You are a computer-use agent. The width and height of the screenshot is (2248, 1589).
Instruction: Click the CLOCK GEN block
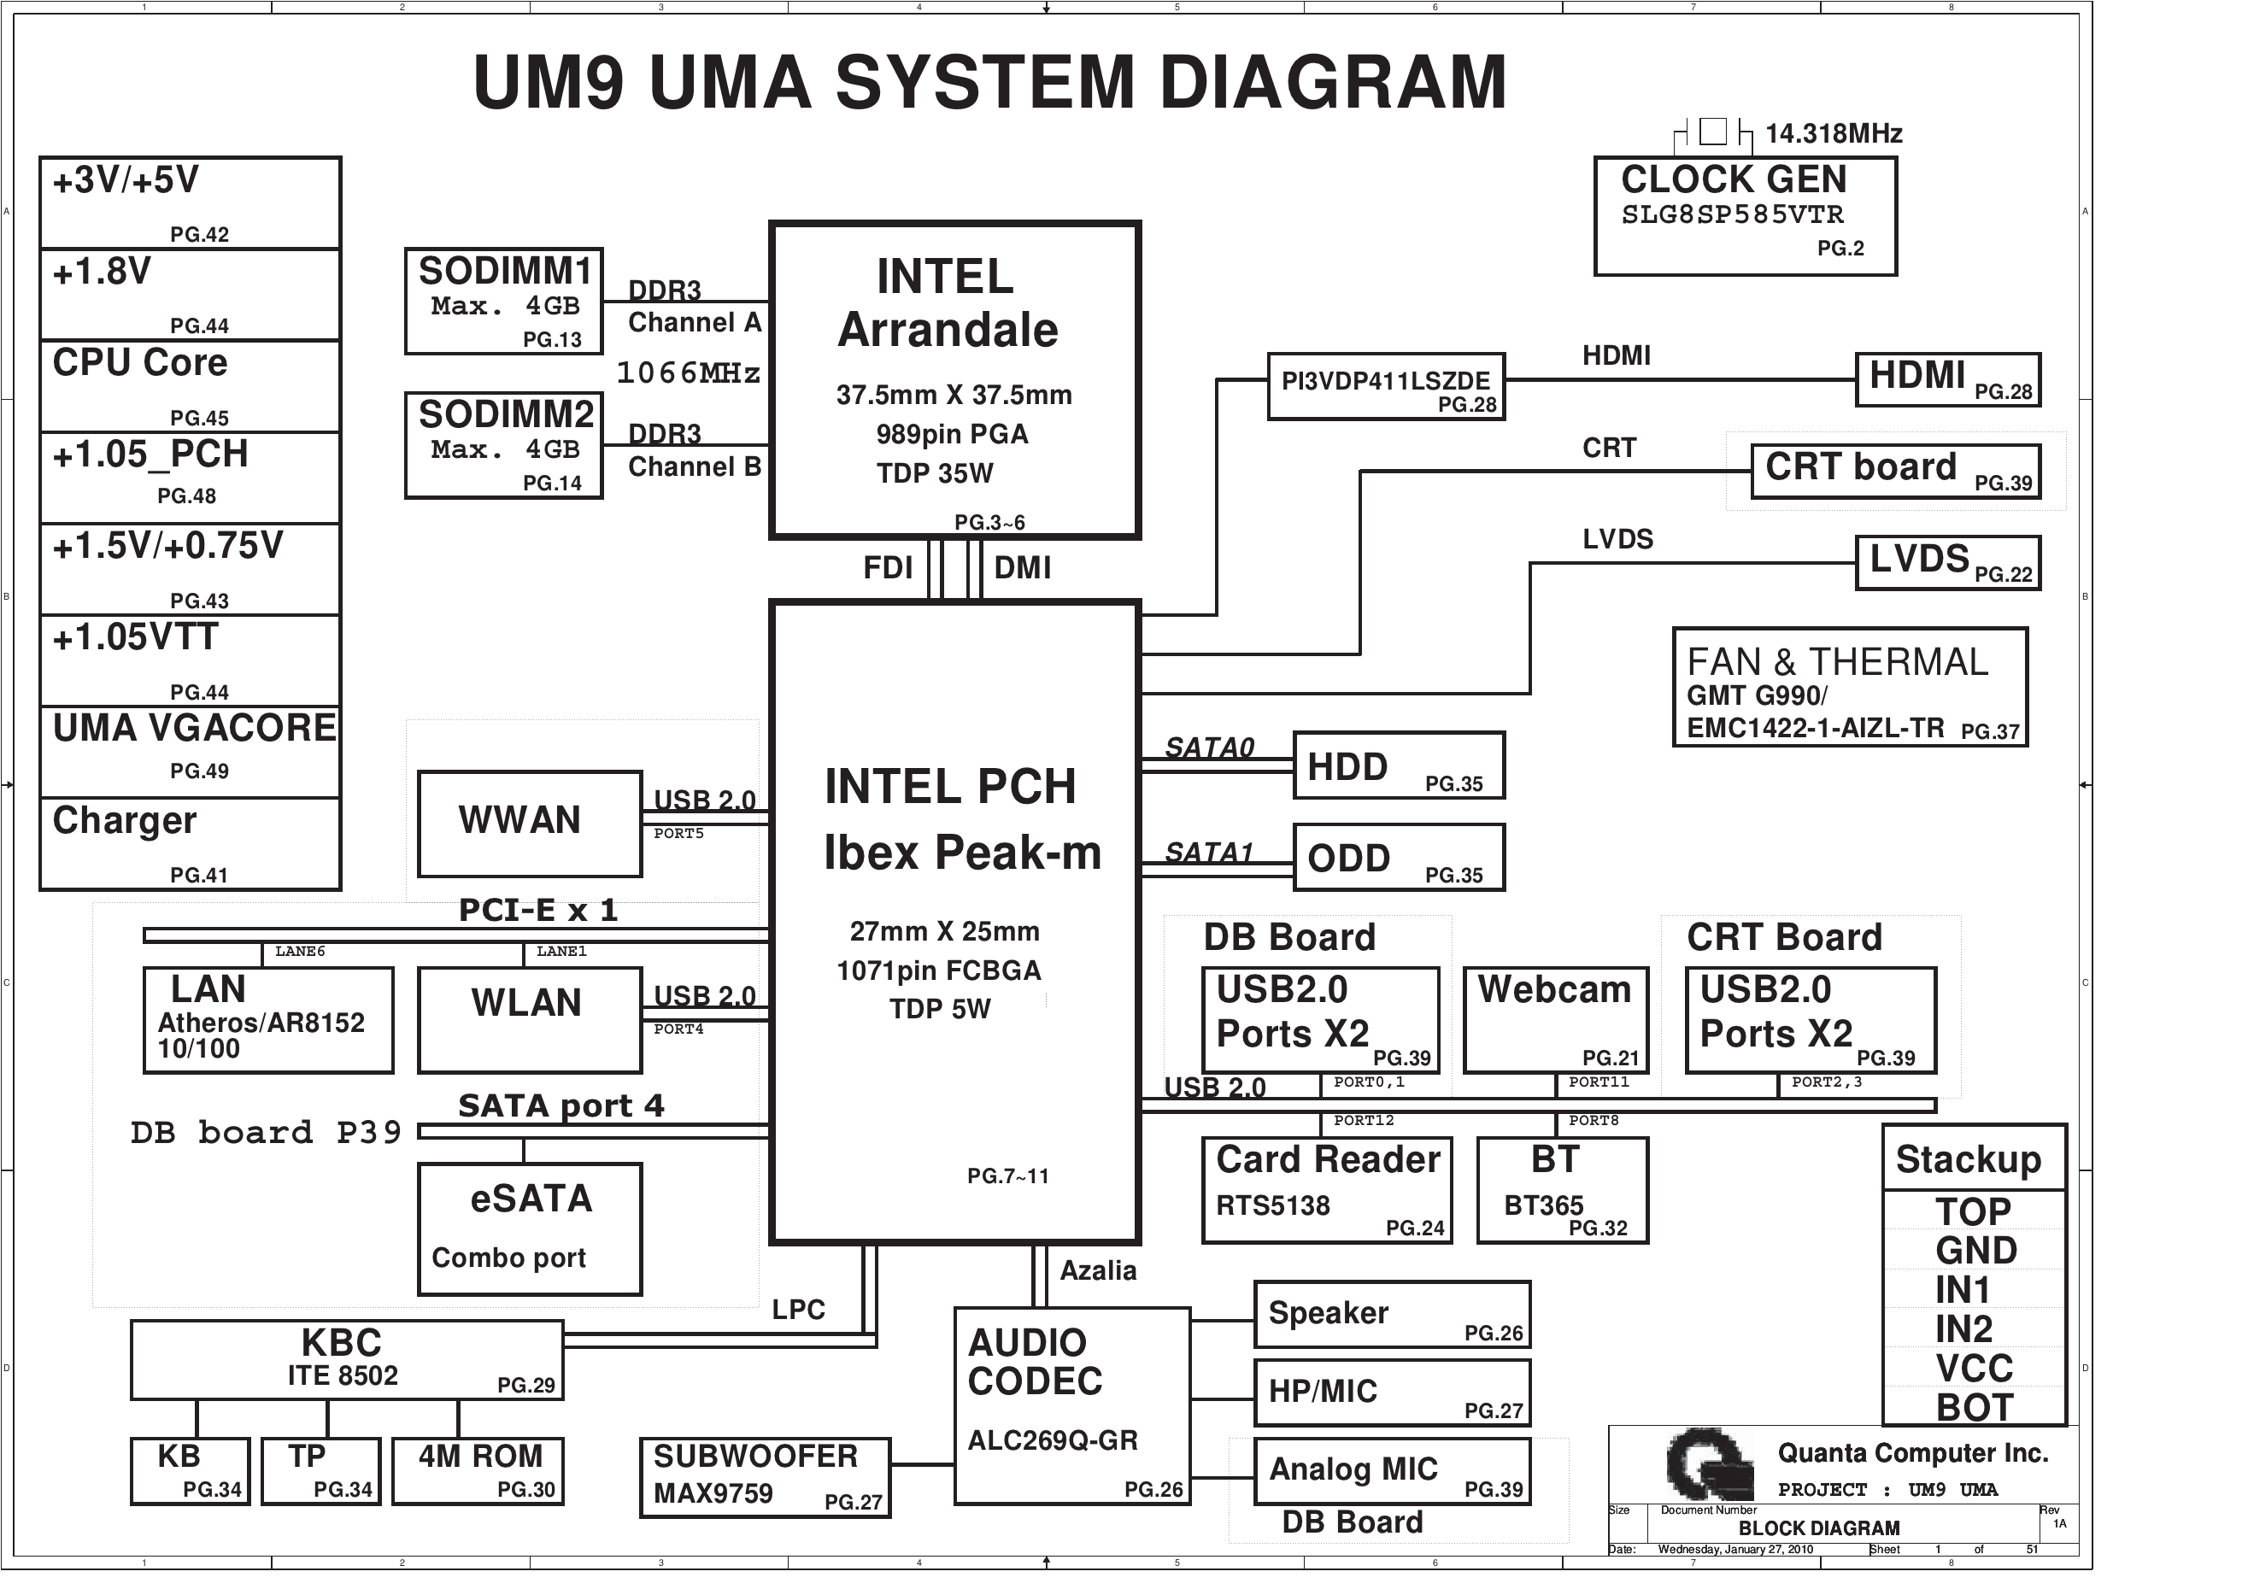1745,215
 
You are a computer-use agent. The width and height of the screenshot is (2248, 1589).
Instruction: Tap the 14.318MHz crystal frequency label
1833,133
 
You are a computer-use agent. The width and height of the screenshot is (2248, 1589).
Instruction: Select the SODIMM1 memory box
503,301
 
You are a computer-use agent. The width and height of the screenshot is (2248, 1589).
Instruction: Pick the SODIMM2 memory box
503,445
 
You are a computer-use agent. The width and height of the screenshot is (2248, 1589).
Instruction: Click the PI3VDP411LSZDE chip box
1385,387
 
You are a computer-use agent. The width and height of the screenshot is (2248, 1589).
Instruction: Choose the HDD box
1398,765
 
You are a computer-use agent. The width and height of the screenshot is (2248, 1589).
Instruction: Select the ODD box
1398,858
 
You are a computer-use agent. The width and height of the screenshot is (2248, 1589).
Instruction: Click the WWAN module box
530,824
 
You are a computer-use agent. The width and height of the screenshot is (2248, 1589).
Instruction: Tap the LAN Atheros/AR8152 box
268,1020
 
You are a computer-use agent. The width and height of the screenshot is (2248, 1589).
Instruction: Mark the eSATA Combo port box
530,1228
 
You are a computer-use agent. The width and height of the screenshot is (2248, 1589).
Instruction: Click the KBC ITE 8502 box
347,1360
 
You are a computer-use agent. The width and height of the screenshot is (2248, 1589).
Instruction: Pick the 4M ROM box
478,1470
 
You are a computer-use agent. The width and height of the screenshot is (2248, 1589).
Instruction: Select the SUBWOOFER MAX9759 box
765,1477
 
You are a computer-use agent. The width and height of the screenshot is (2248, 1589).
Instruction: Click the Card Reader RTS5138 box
1327,1189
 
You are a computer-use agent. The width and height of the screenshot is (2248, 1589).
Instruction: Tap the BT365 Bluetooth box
1562,1189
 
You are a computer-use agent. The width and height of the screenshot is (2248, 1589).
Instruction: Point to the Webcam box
1555,1020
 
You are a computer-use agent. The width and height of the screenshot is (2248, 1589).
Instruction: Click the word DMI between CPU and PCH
1022,568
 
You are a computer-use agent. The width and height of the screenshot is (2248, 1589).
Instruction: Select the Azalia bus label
1098,1271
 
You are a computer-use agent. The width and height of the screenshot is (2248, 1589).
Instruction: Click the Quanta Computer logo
1709,1463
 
